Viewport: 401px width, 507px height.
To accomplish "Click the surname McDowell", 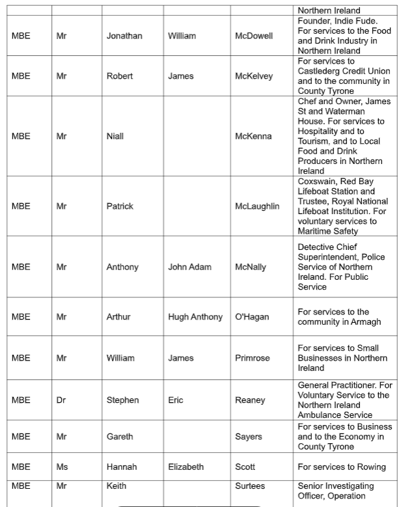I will pos(254,36).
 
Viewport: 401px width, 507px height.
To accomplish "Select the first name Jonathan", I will pos(124,36).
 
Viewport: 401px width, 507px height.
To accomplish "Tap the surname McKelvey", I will pos(254,76).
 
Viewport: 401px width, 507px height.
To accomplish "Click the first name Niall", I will pos(115,137).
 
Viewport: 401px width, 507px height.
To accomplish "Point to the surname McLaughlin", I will pos(257,206).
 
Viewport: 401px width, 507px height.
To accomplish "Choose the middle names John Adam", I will pos(189,267).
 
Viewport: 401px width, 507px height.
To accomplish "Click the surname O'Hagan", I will pos(252,317).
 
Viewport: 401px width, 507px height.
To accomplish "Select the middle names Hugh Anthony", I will pos(195,317).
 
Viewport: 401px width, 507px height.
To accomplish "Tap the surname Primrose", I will pos(253,358).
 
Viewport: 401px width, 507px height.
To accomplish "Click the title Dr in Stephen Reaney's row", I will pos(61,400).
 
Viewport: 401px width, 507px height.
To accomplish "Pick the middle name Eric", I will pos(176,400).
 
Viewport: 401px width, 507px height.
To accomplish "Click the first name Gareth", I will pos(120,437).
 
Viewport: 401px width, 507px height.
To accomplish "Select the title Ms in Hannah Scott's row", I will pos(62,467).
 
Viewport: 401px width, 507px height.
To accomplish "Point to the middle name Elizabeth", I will pos(186,467).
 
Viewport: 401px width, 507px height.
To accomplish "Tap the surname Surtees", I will pos(250,486).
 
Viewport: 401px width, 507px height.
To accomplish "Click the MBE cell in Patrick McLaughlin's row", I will pos(21,206).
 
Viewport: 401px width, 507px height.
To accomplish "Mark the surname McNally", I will pos(251,267).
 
